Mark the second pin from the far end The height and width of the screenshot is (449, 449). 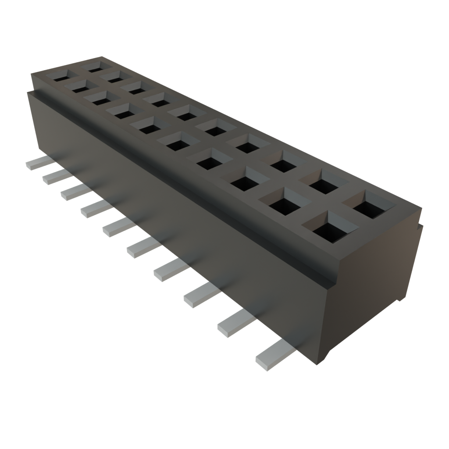[x=54, y=175]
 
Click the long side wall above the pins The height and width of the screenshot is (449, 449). [x=175, y=210]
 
